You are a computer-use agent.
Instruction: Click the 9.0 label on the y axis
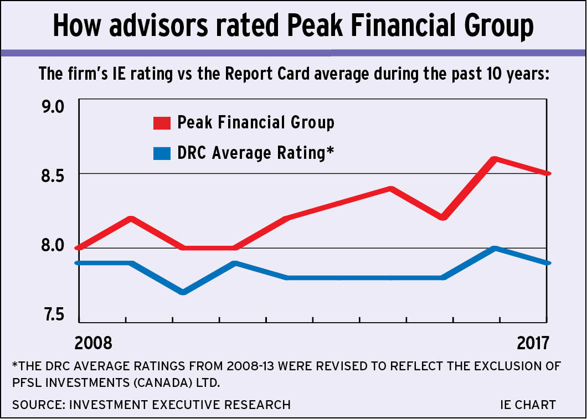[54, 106]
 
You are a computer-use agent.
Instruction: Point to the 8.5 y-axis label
[54, 175]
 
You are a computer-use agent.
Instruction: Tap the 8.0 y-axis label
[54, 245]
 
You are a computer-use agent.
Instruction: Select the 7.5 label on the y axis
[54, 314]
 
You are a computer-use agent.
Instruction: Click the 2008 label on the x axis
[94, 343]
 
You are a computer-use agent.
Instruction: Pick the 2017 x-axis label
[532, 343]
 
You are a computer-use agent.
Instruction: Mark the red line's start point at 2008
[80, 247]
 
